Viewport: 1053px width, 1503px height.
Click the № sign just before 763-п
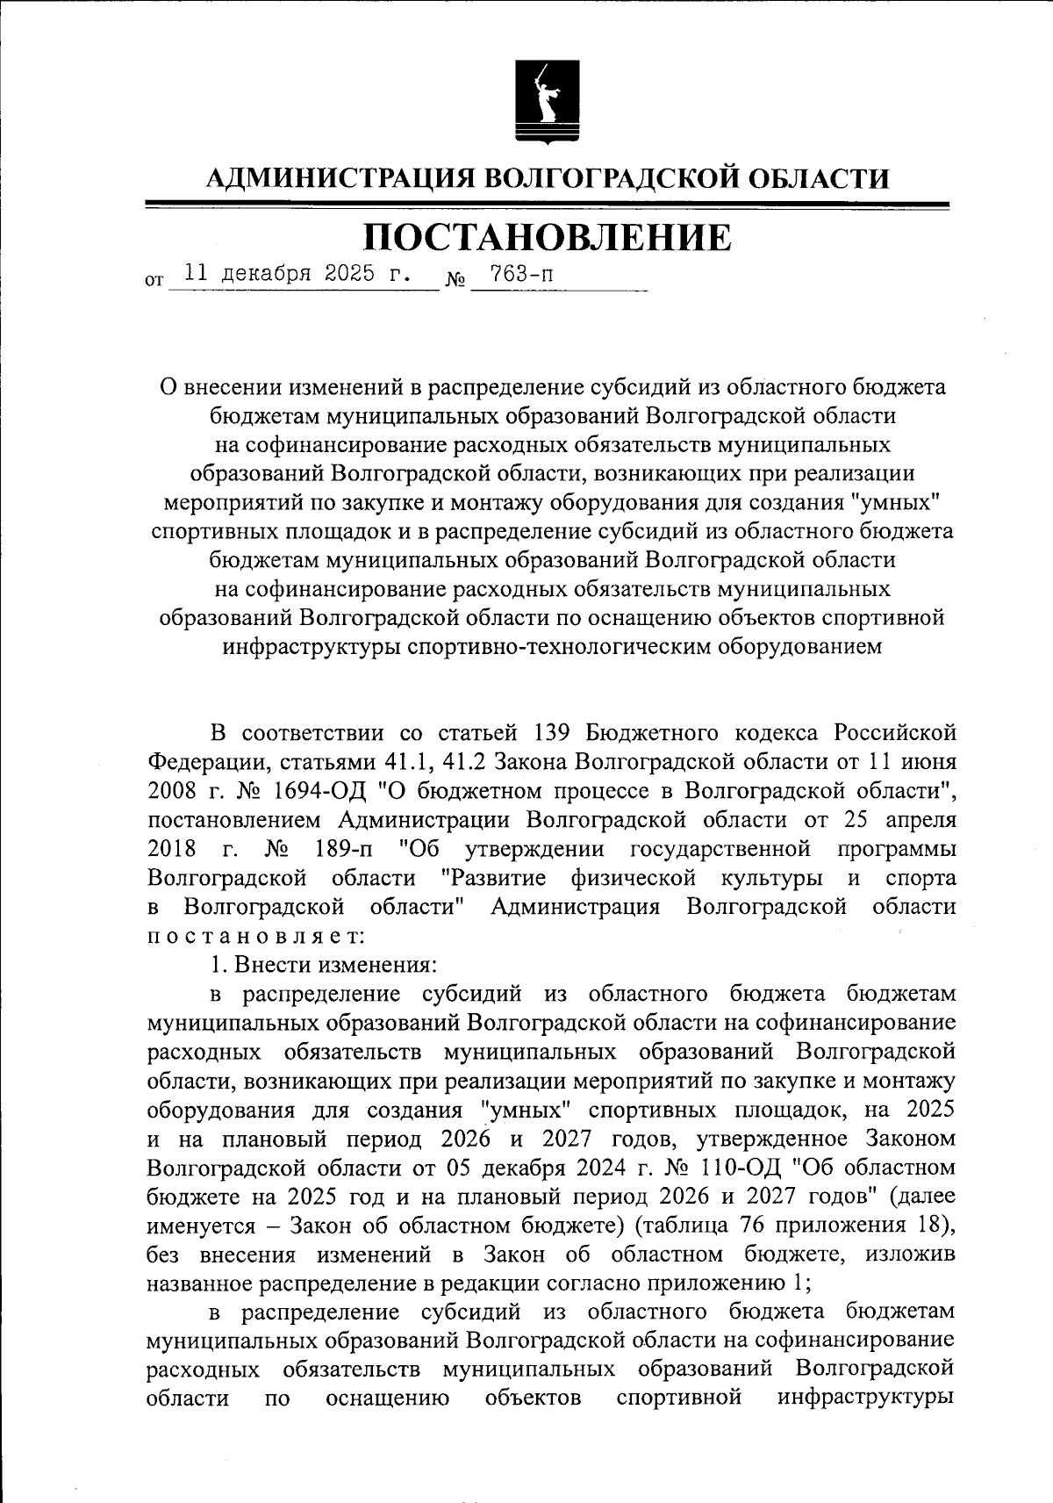pyautogui.click(x=455, y=281)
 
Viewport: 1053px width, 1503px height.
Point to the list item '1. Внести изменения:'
pyautogui.click(x=322, y=965)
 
